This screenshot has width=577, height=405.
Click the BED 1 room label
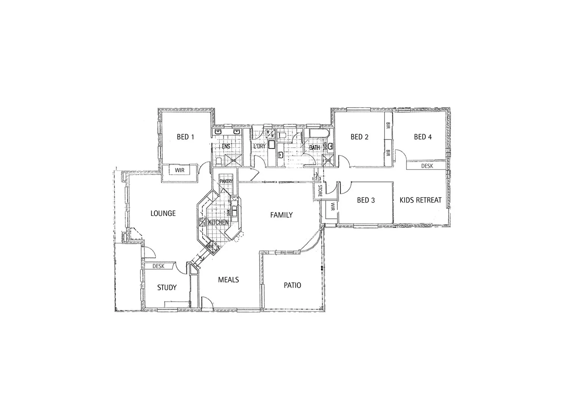click(185, 137)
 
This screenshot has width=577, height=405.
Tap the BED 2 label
click(359, 137)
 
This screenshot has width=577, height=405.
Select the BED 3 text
click(366, 200)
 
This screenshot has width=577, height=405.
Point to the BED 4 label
click(423, 137)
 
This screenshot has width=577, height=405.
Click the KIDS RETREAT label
click(420, 200)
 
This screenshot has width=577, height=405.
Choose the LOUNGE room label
click(163, 213)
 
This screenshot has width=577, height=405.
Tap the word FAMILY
click(282, 215)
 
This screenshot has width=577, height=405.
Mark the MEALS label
click(228, 280)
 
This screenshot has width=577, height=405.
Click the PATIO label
click(292, 285)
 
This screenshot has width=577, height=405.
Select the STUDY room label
click(167, 288)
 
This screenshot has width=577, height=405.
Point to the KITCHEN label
click(218, 222)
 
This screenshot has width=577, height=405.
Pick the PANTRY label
click(226, 181)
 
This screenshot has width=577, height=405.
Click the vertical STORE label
click(320, 191)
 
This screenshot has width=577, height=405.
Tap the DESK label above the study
click(158, 266)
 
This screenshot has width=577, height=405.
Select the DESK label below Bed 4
click(427, 166)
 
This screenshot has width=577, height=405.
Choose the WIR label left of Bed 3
click(333, 206)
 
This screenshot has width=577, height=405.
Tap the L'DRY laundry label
click(260, 146)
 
